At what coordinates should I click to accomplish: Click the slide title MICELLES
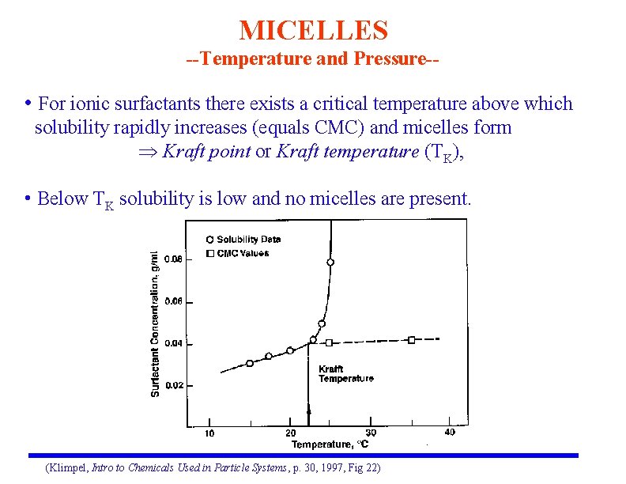point(313,31)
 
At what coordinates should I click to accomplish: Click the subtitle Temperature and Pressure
point(312,60)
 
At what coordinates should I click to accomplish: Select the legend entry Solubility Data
point(248,239)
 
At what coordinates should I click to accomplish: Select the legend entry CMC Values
point(243,253)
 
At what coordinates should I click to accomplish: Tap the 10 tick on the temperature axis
point(209,433)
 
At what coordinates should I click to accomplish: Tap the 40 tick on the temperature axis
point(450,433)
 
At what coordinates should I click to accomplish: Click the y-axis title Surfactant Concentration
point(155,323)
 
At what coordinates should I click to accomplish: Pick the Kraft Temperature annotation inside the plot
point(345,374)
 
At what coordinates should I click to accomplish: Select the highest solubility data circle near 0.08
point(330,262)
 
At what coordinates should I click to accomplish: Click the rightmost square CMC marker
point(412,340)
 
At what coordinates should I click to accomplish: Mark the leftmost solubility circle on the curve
point(250,363)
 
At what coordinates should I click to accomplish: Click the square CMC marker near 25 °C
point(330,342)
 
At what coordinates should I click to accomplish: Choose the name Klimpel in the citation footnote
point(70,468)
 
